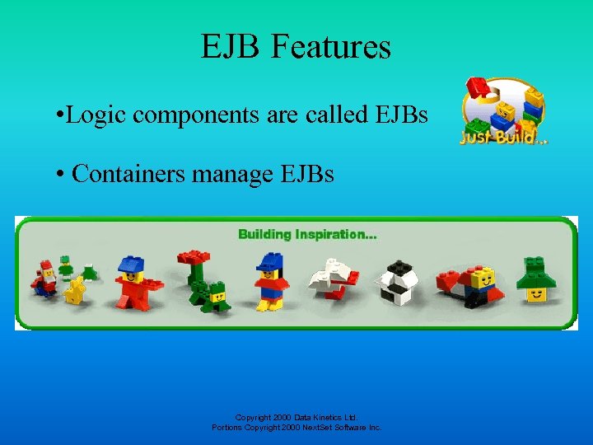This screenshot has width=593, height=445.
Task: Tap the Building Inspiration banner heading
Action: click(307, 234)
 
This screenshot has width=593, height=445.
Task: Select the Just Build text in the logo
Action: click(498, 135)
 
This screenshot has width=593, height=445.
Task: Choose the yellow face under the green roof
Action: click(538, 292)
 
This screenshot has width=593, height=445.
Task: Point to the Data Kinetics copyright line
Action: click(296, 418)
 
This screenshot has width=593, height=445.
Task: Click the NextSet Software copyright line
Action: click(296, 428)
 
